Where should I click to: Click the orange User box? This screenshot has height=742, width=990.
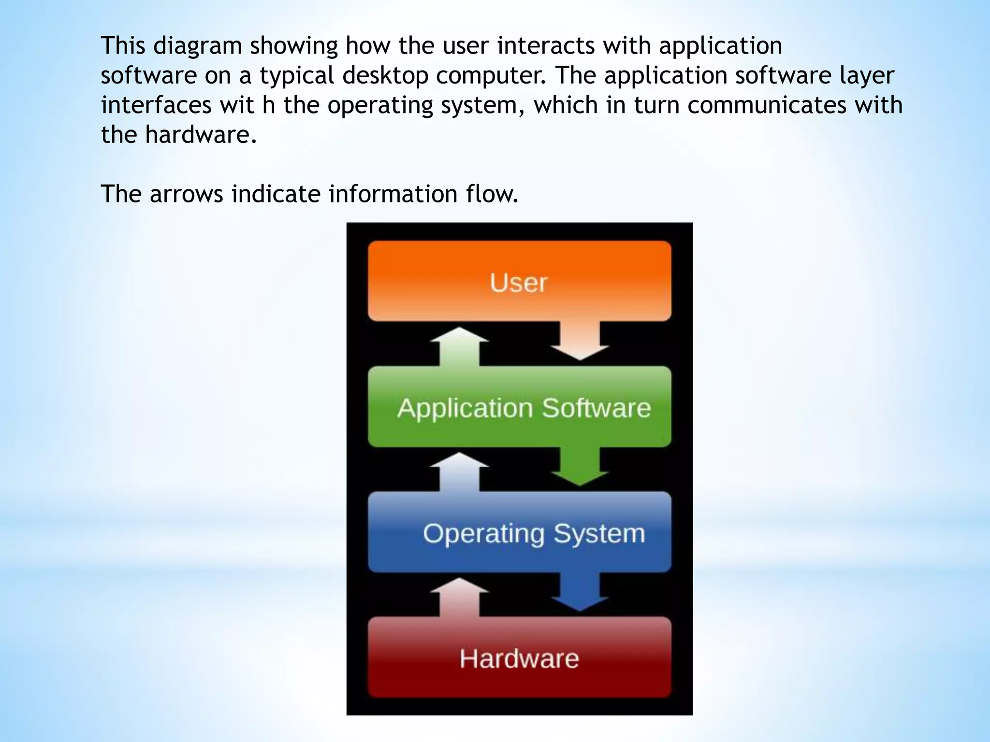pyautogui.click(x=520, y=281)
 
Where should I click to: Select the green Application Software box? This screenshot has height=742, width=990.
pyautogui.click(x=520, y=407)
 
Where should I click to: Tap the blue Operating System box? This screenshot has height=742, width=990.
pyautogui.click(x=520, y=532)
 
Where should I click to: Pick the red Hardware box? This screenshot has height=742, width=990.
pyautogui.click(x=520, y=658)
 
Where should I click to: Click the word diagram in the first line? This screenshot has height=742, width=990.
pyautogui.click(x=198, y=46)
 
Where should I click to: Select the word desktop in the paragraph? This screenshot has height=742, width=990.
pyautogui.click(x=385, y=76)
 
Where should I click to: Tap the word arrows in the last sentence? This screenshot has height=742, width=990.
pyautogui.click(x=186, y=194)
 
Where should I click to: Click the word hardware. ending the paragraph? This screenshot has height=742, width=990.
pyautogui.click(x=201, y=135)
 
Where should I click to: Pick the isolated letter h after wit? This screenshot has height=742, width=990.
pyautogui.click(x=269, y=105)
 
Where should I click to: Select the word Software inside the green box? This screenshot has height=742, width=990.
pyautogui.click(x=596, y=408)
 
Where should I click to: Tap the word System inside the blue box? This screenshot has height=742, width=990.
pyautogui.click(x=599, y=533)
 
